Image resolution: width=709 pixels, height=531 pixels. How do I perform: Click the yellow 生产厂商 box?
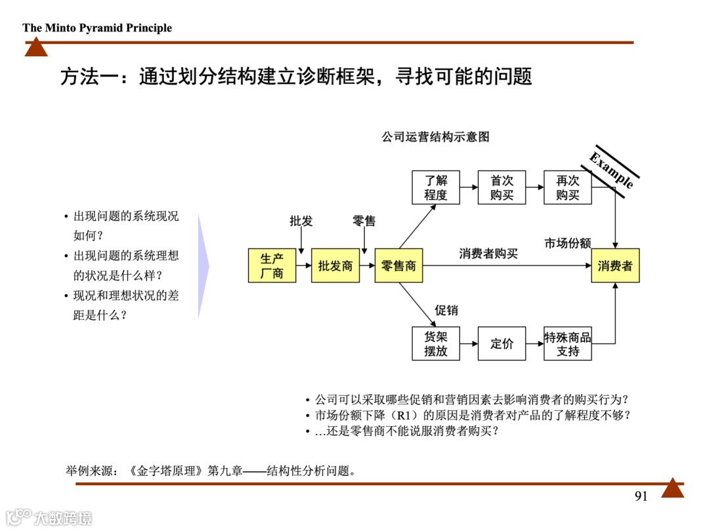coord(272,265)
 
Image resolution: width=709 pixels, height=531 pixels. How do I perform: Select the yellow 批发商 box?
coord(335,265)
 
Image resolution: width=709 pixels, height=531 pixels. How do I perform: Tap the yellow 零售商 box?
coord(398,265)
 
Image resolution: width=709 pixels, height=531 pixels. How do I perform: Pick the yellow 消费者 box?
coord(615,265)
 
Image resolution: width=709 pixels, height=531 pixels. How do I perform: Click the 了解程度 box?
coord(435,187)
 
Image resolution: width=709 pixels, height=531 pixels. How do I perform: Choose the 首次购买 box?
coord(502,187)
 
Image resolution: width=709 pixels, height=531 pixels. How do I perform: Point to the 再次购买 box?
coord(568,187)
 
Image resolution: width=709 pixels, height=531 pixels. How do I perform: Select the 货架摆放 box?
coord(435,344)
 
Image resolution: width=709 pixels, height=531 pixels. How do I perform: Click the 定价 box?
coord(502,344)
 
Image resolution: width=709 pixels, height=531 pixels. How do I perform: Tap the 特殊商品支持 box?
coord(568,344)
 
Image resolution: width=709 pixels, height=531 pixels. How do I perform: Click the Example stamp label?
coord(612,170)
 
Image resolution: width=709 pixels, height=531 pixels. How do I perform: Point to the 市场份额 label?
coord(568,243)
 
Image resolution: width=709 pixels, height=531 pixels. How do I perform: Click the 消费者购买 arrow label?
coord(488,254)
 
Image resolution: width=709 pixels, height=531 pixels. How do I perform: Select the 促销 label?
coord(446,310)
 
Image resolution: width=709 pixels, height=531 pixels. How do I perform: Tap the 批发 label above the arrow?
coord(301,222)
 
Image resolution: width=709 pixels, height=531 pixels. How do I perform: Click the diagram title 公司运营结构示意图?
coord(436,137)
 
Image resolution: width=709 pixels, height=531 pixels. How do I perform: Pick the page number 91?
coord(641,496)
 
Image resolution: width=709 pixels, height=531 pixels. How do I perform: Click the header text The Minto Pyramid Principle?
coord(97,28)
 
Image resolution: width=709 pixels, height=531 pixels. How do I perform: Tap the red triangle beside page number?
coord(672,488)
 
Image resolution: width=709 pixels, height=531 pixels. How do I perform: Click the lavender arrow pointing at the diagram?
coord(204,266)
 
